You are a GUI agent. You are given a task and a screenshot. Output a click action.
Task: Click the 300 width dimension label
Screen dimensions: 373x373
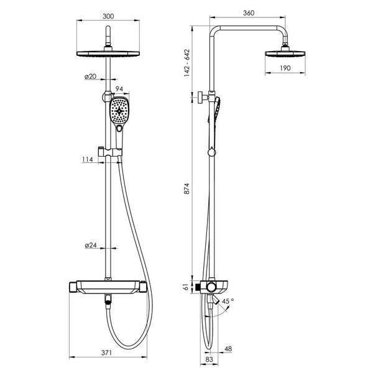click(x=108, y=16)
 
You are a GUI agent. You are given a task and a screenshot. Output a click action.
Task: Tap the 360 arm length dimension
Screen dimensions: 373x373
click(x=249, y=13)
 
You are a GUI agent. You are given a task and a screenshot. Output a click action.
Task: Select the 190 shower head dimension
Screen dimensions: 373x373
click(x=285, y=68)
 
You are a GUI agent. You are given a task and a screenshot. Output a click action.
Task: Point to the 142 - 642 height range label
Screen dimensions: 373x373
click(x=187, y=63)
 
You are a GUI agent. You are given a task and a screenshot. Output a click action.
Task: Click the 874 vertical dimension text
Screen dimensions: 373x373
click(x=187, y=188)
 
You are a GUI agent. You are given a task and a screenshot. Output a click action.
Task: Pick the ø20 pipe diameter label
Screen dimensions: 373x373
click(x=90, y=76)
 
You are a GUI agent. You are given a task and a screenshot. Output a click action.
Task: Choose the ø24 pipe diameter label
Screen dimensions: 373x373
click(x=91, y=245)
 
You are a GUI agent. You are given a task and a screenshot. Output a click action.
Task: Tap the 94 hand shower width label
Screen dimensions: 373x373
click(x=119, y=89)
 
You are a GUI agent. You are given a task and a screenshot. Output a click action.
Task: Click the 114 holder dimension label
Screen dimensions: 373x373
click(x=88, y=159)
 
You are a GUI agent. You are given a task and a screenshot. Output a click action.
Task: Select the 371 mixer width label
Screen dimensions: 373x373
click(x=106, y=352)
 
